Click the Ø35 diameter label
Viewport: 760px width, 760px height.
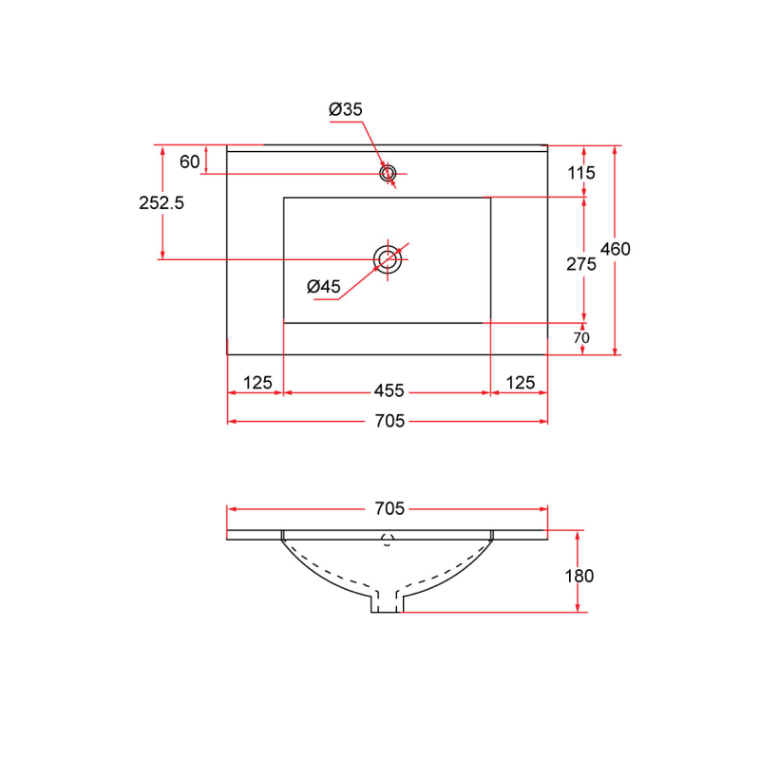tap(346, 110)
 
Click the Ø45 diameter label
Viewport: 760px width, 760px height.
tap(324, 286)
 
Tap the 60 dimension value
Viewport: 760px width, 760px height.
tap(189, 161)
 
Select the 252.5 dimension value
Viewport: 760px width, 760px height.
tap(161, 201)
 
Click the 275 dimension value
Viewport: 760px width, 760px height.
tap(580, 265)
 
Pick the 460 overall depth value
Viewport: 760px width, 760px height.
tap(616, 249)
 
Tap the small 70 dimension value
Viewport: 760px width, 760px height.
tap(581, 338)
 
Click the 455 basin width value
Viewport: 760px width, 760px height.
tap(389, 389)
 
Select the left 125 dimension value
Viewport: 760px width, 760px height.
tap(257, 383)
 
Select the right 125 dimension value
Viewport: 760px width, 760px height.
tap(520, 383)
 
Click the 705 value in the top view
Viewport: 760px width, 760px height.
tap(389, 421)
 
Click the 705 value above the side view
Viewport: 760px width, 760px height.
tap(389, 508)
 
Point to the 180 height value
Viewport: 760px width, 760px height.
tap(579, 576)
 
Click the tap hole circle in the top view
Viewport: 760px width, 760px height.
tap(387, 174)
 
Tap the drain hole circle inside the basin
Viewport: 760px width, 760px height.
tap(387, 258)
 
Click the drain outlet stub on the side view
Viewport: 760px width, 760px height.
tap(387, 603)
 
